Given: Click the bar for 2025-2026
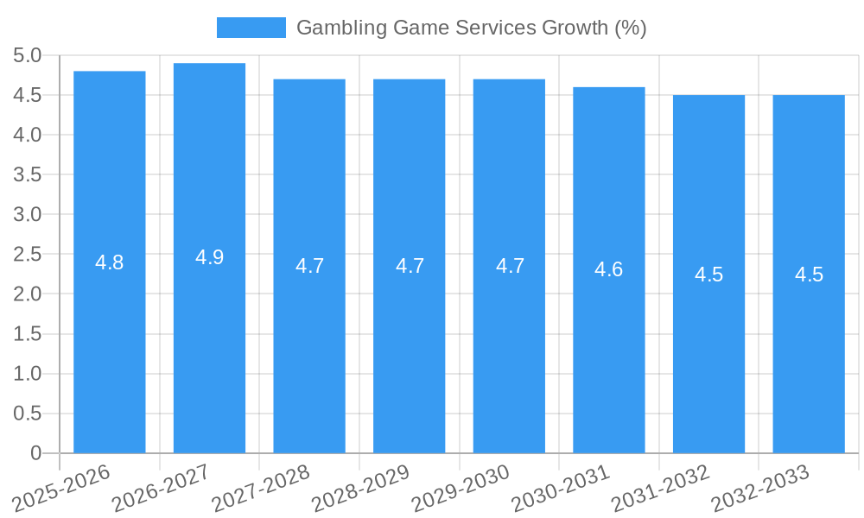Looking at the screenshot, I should click(x=110, y=345).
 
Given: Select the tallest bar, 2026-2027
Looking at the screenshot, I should click(x=209, y=345).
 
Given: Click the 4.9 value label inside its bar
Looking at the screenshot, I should click(x=209, y=257).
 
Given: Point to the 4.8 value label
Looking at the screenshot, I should click(x=110, y=262).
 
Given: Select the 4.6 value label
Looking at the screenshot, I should click(x=609, y=269).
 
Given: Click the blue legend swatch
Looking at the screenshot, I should click(x=251, y=28).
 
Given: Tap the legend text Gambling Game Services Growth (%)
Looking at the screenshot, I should click(x=471, y=28).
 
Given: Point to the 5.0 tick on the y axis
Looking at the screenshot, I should click(x=28, y=56).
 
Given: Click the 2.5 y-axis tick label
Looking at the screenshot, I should click(x=28, y=255).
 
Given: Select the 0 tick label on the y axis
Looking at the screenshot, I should click(x=35, y=453).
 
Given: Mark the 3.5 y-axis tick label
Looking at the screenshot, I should click(x=28, y=175).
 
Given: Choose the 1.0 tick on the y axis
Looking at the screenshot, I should click(x=28, y=374).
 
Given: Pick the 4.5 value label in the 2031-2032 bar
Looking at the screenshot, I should click(x=708, y=275).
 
